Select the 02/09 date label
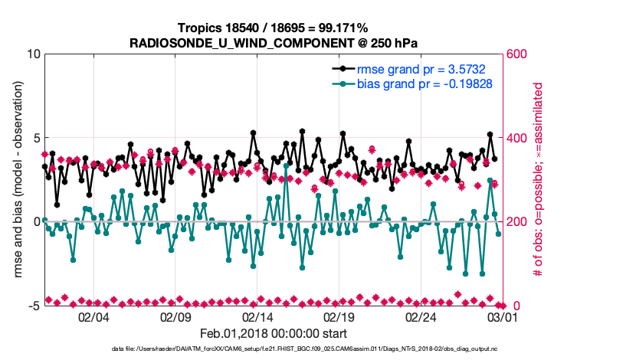point(175,316)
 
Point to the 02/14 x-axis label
point(257,316)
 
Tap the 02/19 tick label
point(339,316)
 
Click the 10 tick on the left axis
point(33,54)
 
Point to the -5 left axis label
point(33,306)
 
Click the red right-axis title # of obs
point(539,180)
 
